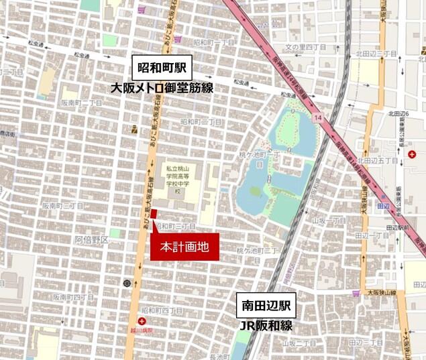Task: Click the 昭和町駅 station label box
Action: [x=162, y=68]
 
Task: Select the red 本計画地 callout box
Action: [x=183, y=247]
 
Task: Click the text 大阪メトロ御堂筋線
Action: [x=162, y=88]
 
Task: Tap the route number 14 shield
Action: [x=317, y=118]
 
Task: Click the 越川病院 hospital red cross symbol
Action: [x=142, y=321]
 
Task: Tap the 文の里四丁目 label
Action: [x=305, y=47]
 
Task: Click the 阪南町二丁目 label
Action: [x=81, y=103]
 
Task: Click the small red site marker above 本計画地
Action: [x=154, y=214]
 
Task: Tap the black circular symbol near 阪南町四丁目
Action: [x=127, y=284]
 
